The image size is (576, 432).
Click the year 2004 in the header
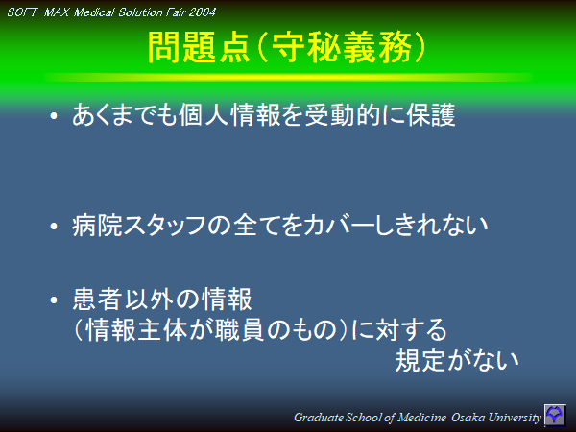(x=199, y=12)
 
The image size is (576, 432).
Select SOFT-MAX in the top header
(x=36, y=12)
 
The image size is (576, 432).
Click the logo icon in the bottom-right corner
(x=556, y=416)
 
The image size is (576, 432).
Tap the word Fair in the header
(x=167, y=12)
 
